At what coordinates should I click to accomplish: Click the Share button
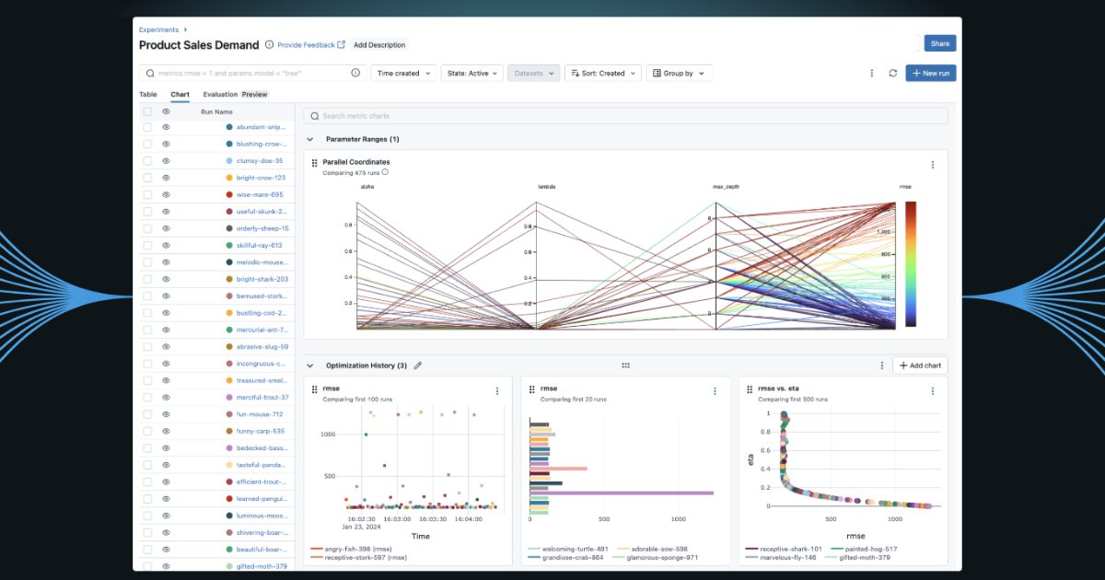939,43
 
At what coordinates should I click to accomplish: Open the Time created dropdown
402,74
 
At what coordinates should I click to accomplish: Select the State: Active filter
471,74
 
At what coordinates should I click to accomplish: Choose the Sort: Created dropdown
602,74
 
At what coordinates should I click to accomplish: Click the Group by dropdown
679,74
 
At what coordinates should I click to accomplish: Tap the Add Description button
379,44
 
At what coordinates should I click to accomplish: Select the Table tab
148,94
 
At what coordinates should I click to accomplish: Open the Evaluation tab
221,94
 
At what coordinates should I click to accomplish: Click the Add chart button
920,365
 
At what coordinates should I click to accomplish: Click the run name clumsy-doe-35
259,161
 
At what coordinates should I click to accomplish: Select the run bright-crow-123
261,178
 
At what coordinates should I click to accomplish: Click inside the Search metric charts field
626,116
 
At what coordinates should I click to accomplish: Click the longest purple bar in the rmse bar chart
622,493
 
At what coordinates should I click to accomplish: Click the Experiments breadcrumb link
158,29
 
